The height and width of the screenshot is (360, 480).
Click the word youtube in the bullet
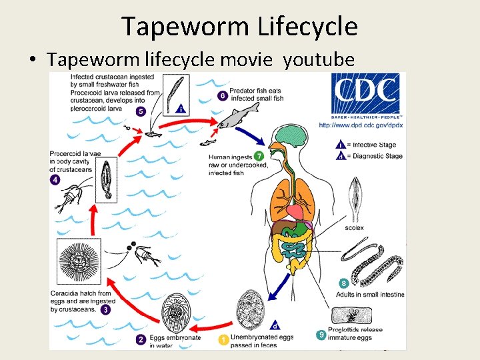(x=319, y=60)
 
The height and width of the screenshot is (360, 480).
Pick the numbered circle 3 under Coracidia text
(x=106, y=310)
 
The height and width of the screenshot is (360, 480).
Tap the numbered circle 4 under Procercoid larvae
(x=55, y=180)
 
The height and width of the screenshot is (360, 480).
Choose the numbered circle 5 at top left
(x=141, y=111)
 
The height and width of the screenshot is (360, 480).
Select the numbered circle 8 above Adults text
(x=344, y=284)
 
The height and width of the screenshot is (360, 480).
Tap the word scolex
(x=355, y=227)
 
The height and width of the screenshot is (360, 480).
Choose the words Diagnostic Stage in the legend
(x=377, y=156)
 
